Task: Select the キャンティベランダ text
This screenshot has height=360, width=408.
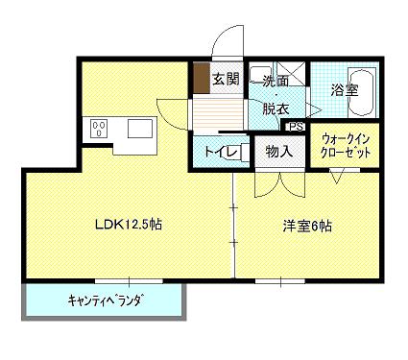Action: point(105,300)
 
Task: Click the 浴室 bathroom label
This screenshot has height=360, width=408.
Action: point(345,89)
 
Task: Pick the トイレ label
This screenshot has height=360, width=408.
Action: point(216,151)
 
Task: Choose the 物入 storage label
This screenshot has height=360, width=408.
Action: point(279,151)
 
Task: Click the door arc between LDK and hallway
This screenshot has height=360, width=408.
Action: point(173,109)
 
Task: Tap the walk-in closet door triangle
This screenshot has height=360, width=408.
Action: point(339,176)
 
